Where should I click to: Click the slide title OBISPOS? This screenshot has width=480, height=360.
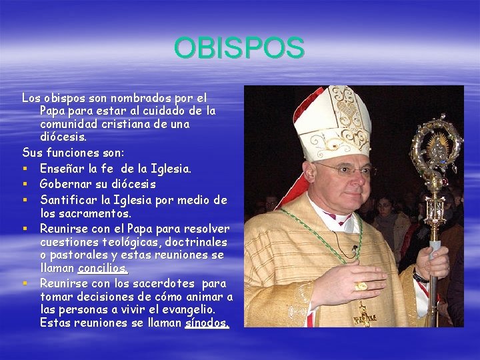click(239, 48)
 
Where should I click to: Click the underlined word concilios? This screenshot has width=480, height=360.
click(103, 268)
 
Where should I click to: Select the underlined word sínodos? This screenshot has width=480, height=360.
click(207, 323)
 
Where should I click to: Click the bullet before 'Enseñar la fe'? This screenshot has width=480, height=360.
click(25, 170)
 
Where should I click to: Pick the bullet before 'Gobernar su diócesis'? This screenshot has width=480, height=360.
click(25, 184)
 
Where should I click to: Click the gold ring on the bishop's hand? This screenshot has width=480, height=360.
click(361, 286)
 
